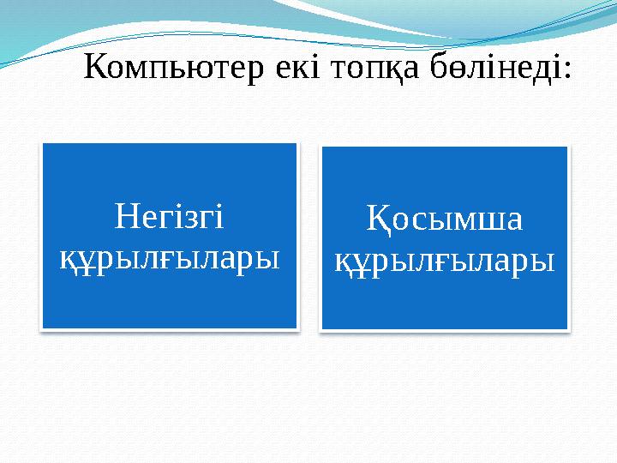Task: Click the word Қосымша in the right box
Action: tap(444, 220)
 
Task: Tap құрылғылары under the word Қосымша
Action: tap(444, 258)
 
